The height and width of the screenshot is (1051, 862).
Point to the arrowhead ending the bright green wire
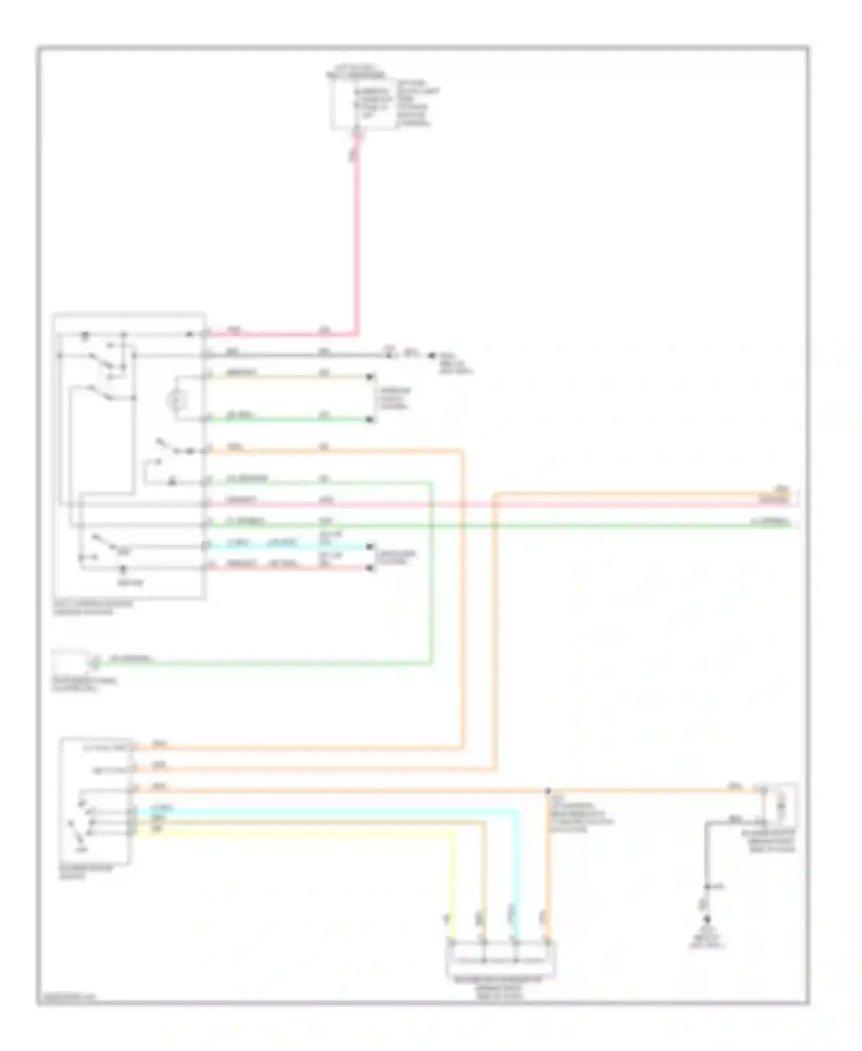371,420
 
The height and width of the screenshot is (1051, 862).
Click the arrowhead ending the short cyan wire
371,546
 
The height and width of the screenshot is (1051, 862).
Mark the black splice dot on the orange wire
548,791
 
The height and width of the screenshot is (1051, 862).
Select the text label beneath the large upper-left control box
92,608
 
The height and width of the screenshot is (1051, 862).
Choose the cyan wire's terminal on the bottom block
517,943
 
